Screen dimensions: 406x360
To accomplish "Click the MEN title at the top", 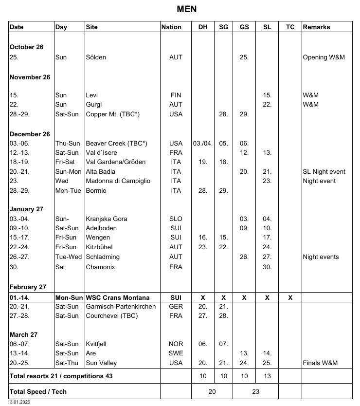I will (x=187, y=9).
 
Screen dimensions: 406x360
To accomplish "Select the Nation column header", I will (x=171, y=27).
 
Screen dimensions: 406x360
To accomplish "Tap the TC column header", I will (x=290, y=27).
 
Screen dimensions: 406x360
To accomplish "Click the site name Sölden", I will (x=96, y=57).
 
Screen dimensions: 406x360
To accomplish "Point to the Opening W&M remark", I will (x=324, y=57).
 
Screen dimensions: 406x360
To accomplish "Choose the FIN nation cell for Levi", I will (x=176, y=95).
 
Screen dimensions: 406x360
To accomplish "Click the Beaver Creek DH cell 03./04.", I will (x=203, y=143).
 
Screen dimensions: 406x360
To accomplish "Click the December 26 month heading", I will (x=29, y=134).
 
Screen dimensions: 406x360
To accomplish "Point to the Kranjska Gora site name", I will (x=106, y=219).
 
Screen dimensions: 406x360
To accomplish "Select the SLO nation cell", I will (x=176, y=219).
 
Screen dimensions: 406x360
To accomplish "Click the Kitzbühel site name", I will (x=100, y=247).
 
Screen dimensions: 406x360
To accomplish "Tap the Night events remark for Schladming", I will (x=321, y=257).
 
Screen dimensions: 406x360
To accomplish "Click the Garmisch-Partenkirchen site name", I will (x=121, y=307).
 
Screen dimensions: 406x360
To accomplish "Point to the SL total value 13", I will (x=267, y=376).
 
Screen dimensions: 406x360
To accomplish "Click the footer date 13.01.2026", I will (x=19, y=402).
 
